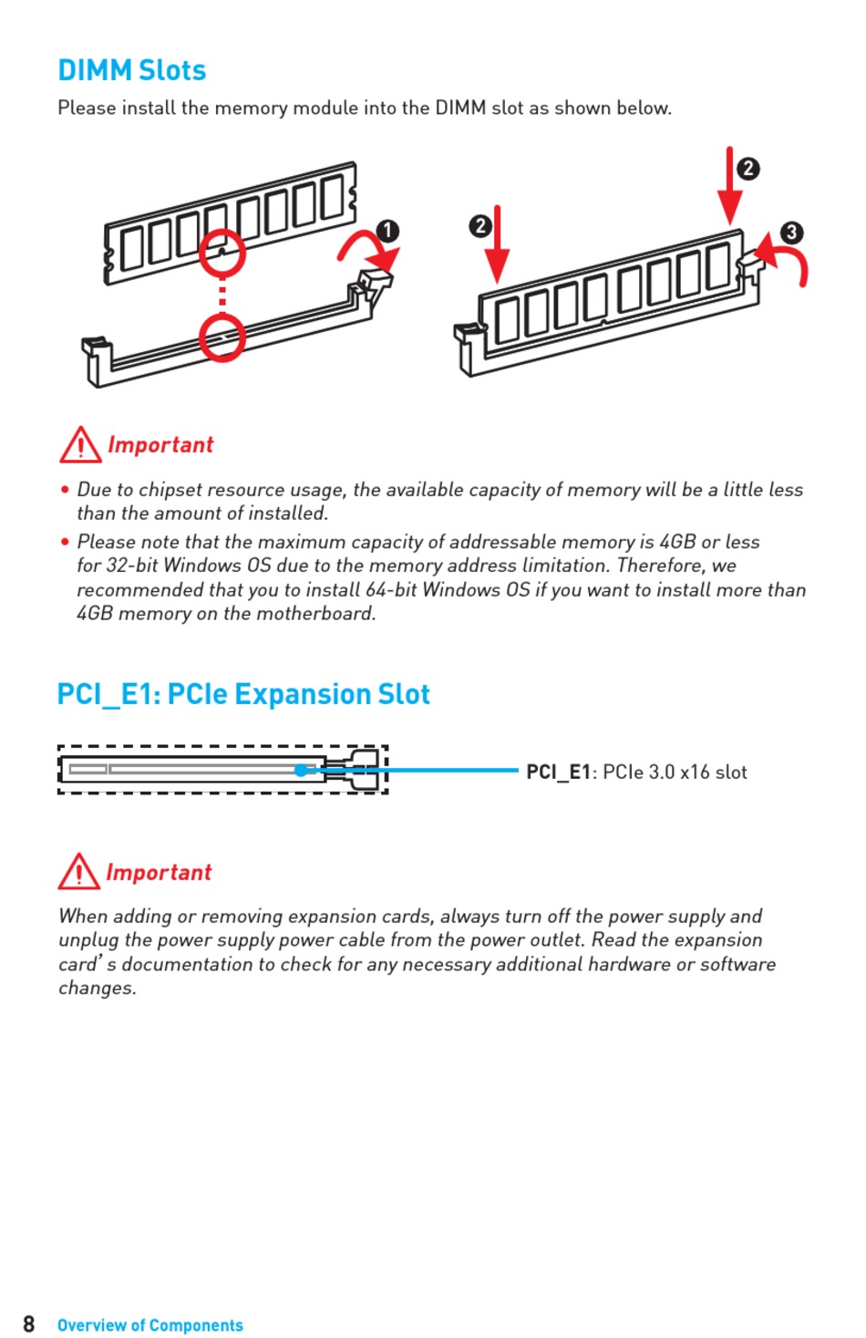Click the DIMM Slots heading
click(131, 70)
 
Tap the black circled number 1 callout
click(388, 231)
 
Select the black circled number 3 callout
click(791, 232)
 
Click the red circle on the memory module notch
click(222, 253)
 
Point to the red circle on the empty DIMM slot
click(222, 337)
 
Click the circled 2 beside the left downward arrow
click(480, 225)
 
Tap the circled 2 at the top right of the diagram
click(747, 169)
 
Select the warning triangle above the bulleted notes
click(80, 445)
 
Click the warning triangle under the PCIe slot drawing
click(79, 872)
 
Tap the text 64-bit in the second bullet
click(391, 590)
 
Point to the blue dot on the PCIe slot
click(301, 771)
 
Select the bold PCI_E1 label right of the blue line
click(559, 773)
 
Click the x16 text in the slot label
click(695, 773)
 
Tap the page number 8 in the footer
click(29, 1323)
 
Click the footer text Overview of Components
click(150, 1325)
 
